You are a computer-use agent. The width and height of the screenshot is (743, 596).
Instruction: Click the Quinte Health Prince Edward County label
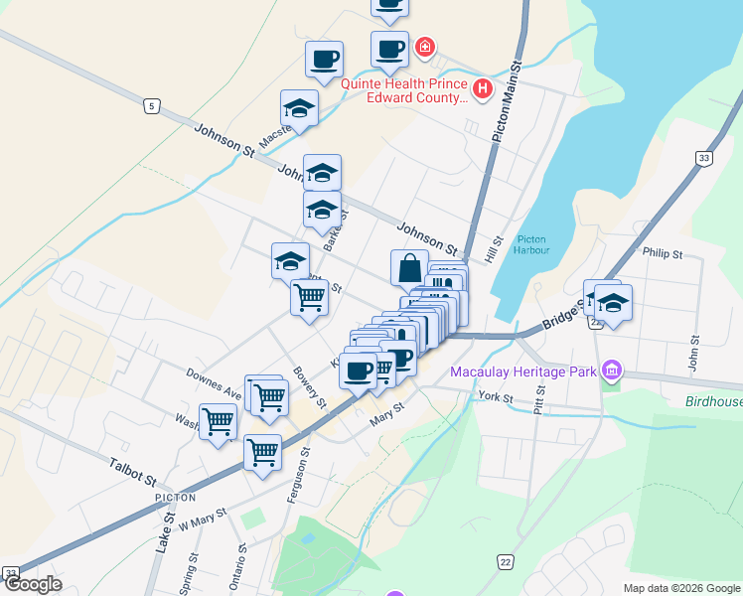coord(404,90)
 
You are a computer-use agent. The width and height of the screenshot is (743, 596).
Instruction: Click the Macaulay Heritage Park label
coord(521,372)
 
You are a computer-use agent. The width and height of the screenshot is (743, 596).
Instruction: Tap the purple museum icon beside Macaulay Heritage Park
coord(610,372)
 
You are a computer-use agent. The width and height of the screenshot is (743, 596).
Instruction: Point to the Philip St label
coord(663,254)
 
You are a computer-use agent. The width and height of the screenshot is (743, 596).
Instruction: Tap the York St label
coord(494,397)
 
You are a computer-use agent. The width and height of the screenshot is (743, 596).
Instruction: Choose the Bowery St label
coord(310,388)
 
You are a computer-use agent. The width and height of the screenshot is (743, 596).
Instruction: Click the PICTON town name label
coord(175,497)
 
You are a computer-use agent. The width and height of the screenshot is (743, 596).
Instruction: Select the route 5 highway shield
coord(151,104)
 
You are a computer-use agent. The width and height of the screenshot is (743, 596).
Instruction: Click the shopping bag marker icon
coord(409,267)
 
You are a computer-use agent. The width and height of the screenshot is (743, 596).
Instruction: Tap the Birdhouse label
coord(713,402)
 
